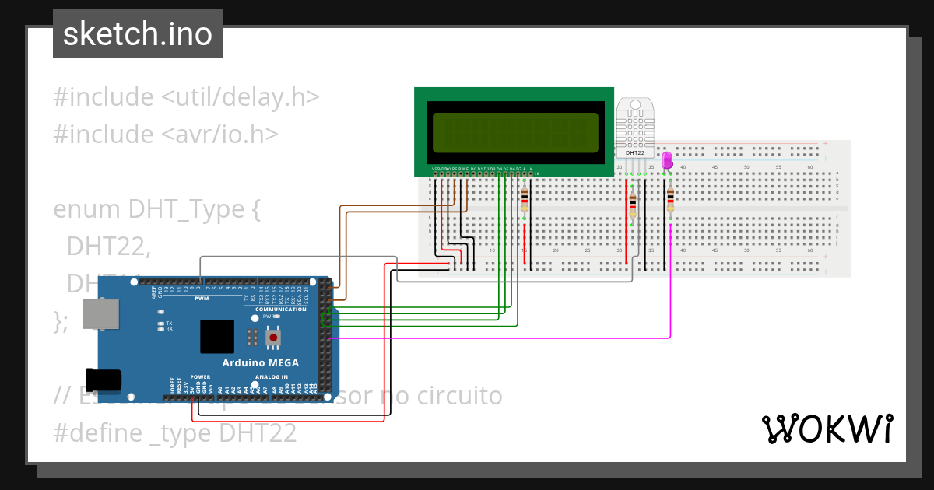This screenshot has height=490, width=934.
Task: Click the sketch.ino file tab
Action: coord(137,34)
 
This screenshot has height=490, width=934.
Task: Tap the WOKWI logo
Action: coord(826,429)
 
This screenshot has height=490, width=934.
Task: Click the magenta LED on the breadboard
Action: coord(666,160)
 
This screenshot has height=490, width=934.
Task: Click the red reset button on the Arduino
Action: coord(273,338)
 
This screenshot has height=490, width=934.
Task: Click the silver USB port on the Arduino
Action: coord(100,313)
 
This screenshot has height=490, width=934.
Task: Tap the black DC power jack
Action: coord(107,380)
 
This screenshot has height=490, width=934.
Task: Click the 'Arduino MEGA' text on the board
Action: coord(260,363)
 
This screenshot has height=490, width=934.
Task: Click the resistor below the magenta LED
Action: coord(670,201)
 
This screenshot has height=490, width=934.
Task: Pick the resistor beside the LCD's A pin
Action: coord(525,201)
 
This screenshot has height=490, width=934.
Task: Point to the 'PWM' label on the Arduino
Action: coord(202,298)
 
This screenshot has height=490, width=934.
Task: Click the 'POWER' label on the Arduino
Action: coord(200,376)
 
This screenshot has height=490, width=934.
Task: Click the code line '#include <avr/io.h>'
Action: coord(166,135)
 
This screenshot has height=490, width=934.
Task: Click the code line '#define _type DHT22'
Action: coord(175,433)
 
